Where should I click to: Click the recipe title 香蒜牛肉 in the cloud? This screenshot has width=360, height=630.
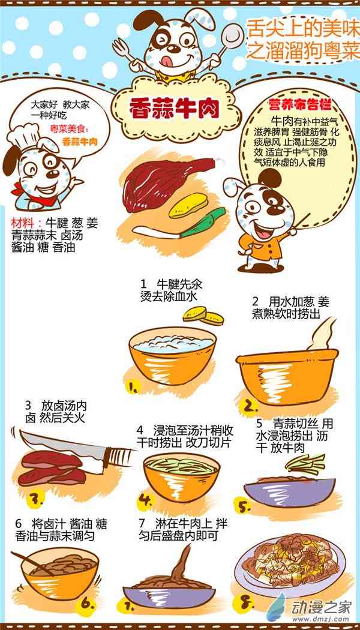174,109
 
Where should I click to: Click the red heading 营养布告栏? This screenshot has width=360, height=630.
300,105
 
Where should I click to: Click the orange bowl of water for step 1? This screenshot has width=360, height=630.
172,355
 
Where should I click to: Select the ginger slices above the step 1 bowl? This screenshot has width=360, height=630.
203,316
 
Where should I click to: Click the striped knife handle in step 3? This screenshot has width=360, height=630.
119,457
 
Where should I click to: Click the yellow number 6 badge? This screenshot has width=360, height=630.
87,603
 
